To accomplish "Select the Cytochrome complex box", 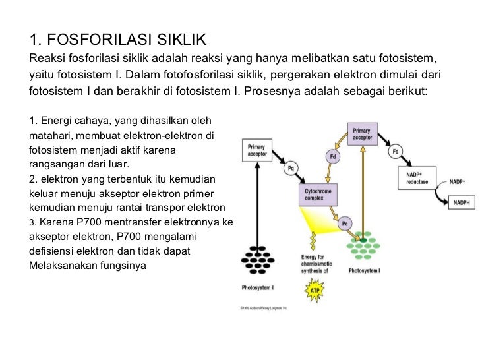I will (x=316, y=195).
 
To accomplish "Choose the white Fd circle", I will (x=396, y=152).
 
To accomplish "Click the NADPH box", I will (x=461, y=204).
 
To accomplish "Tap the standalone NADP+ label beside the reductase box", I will (x=457, y=181).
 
